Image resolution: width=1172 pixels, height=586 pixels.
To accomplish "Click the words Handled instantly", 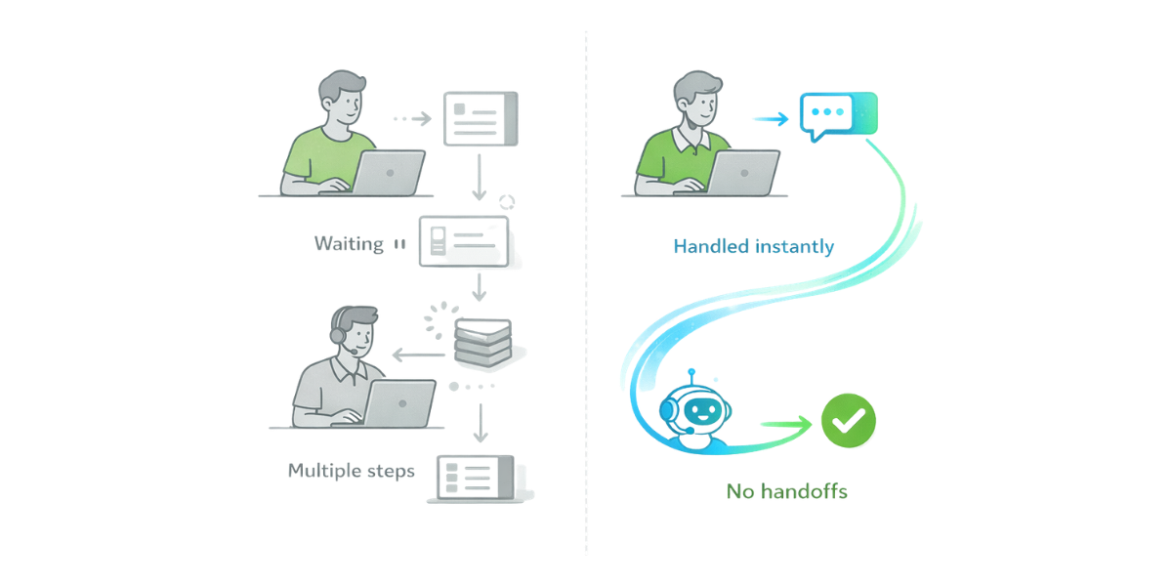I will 753,247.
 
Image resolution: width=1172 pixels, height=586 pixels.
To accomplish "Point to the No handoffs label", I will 786,491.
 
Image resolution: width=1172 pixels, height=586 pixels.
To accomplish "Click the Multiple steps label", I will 352,471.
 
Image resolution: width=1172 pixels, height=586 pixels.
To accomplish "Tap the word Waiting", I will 349,244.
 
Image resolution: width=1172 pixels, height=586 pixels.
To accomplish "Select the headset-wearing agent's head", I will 353,333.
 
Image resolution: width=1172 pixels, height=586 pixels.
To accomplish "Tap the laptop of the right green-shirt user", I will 742,173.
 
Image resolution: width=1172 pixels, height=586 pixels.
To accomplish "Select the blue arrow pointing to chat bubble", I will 772,118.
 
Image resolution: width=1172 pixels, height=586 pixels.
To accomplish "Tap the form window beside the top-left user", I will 481,119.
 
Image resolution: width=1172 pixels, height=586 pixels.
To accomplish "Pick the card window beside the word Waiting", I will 464,241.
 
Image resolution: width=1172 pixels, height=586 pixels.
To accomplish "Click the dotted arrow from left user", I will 411,118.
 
